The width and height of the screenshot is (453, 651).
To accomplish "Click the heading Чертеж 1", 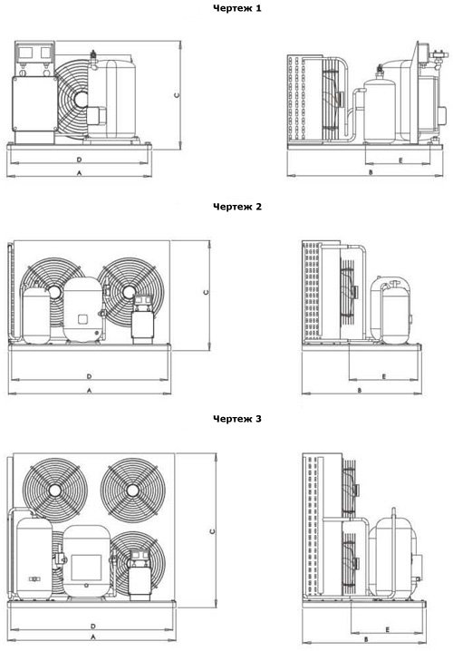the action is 236,8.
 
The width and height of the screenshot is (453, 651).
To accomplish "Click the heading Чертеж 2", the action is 237,207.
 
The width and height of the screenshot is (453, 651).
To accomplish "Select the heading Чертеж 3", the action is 237,419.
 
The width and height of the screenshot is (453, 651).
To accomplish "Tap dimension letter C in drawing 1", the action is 178,95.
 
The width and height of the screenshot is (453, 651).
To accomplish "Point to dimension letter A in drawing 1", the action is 79,172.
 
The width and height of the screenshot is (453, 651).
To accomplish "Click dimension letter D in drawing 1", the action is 79,160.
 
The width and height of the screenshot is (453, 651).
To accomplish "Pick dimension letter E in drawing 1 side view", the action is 400,160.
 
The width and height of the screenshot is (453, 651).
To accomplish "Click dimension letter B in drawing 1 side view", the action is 371,172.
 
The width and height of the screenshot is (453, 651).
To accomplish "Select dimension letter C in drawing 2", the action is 207,292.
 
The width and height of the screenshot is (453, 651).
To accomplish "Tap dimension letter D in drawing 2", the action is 89,376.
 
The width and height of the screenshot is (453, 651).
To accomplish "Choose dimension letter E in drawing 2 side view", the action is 384,376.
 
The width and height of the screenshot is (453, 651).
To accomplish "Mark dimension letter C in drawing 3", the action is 212,531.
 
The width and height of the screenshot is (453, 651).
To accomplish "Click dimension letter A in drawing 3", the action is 93,636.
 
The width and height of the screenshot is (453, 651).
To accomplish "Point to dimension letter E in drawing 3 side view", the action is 388,630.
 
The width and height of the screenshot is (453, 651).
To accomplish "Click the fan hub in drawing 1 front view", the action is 81,99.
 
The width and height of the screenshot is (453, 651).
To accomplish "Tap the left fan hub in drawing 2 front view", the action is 54,292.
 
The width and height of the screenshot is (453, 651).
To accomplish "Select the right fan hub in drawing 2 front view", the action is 129,292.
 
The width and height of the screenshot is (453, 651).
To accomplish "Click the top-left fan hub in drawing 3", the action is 54,491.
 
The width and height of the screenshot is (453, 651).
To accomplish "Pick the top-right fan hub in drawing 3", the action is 133,491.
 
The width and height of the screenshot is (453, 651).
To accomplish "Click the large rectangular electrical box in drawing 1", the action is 34,104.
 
